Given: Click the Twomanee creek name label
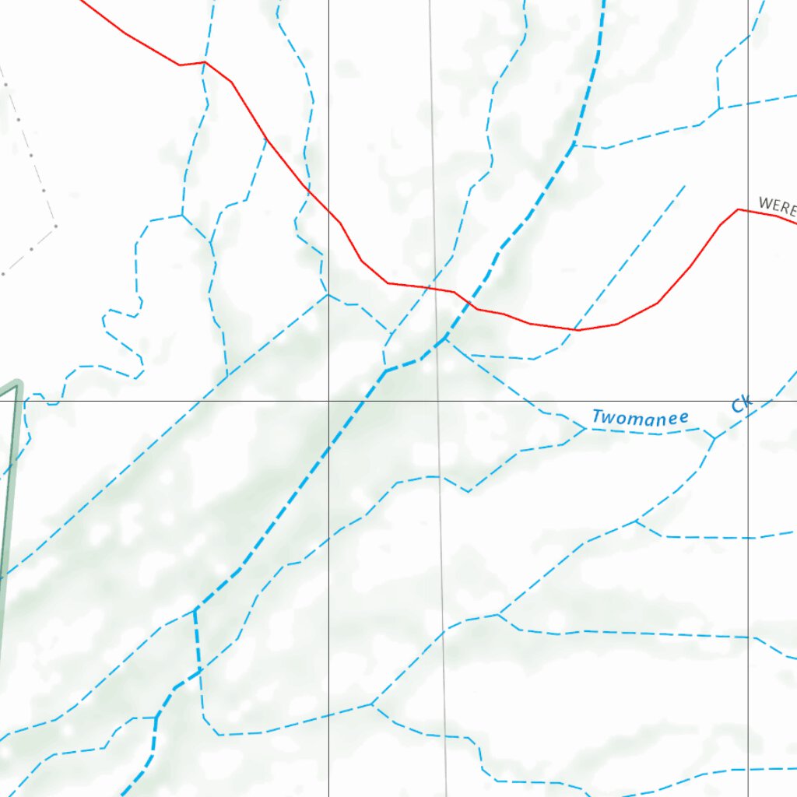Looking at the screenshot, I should pyautogui.click(x=640, y=418).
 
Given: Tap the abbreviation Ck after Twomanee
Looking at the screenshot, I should pyautogui.click(x=741, y=404).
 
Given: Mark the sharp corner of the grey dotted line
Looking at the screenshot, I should pyautogui.click(x=56, y=226).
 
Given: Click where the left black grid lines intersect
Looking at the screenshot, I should pyautogui.click(x=328, y=401).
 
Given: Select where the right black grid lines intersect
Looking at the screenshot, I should pyautogui.click(x=749, y=401).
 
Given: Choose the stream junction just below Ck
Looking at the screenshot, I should pyautogui.click(x=714, y=437).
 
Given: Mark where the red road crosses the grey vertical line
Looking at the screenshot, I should pyautogui.click(x=434, y=289).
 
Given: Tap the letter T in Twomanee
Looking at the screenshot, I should pyautogui.click(x=597, y=416).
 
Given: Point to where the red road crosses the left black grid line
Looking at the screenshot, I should pyautogui.click(x=328, y=211).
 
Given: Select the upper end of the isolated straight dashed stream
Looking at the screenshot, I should pyautogui.click(x=685, y=185).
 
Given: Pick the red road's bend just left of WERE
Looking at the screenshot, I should pyautogui.click(x=737, y=209).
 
